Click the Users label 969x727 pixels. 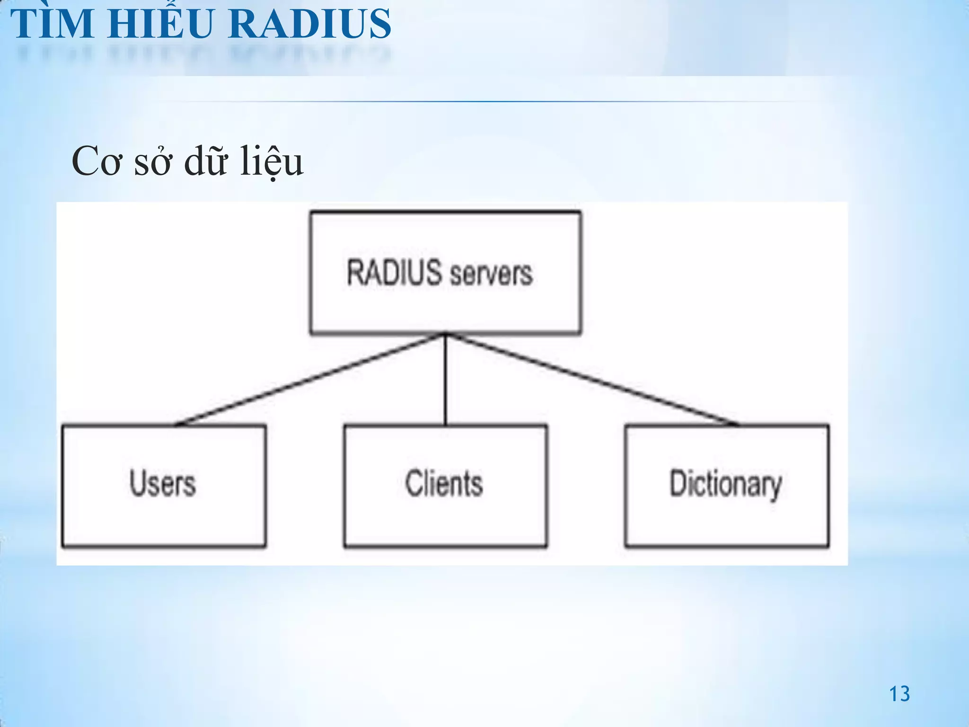click(x=163, y=484)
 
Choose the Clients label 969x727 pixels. click(x=444, y=484)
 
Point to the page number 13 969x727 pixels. click(x=899, y=694)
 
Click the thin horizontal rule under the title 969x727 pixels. click(x=473, y=101)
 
